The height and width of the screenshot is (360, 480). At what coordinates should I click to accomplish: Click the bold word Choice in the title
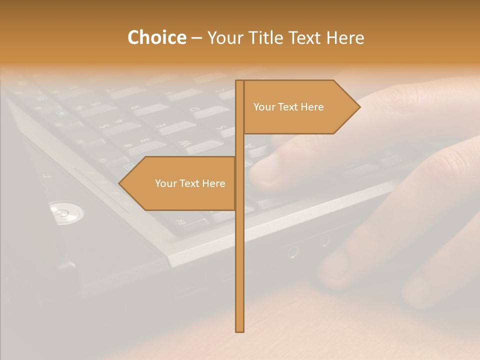pos(156,37)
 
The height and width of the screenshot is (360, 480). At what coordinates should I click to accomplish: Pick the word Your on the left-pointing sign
pos(165,183)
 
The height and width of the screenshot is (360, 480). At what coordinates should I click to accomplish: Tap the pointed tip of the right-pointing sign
pos(359,107)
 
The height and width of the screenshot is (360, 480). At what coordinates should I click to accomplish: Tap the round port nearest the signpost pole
pos(293,251)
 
